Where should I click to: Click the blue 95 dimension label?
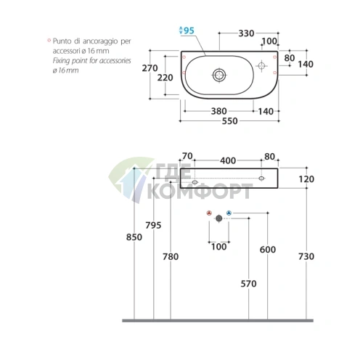(x=189, y=30)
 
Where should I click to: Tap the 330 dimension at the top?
(x=246, y=33)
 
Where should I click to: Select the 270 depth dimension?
(x=150, y=68)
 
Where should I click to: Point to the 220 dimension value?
(x=165, y=78)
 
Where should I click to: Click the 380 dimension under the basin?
(x=219, y=111)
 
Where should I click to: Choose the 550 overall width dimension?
(x=230, y=121)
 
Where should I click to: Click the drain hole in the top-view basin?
(x=219, y=75)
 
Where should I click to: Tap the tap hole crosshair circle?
(x=261, y=65)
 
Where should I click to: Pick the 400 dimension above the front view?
(x=228, y=160)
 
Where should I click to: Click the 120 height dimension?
(x=306, y=179)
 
